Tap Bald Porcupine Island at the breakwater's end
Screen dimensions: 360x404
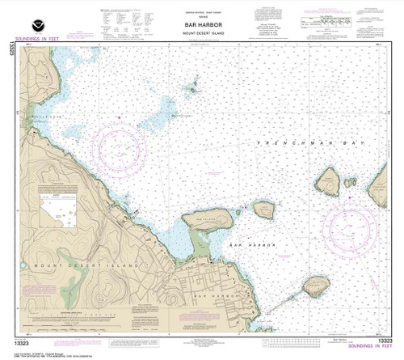point(315,286)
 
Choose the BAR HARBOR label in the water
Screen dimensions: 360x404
point(254,244)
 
